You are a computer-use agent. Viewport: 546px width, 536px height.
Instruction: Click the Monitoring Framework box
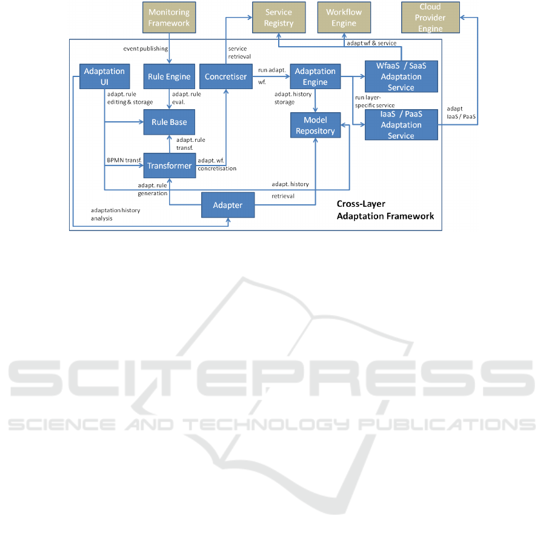[x=169, y=18]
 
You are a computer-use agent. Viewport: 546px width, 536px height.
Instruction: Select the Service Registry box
[x=279, y=18]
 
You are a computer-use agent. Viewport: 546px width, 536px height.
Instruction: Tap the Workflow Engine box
[x=344, y=18]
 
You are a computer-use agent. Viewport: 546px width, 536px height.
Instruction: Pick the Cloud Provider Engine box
[x=430, y=18]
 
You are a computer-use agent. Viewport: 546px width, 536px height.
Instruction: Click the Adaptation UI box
[x=105, y=76]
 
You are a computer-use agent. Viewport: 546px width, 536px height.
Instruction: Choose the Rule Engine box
[x=169, y=76]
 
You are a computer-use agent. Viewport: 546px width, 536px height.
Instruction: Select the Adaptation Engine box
[x=315, y=76]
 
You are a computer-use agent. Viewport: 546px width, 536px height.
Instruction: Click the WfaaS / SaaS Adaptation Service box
[x=401, y=76]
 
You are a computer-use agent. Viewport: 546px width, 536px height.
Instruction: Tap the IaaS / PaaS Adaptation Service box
[x=401, y=125]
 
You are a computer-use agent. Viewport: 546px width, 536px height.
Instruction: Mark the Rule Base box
[x=169, y=122]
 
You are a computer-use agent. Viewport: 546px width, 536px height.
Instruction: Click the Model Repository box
[x=315, y=126]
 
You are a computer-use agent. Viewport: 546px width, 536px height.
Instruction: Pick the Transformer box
[x=169, y=166]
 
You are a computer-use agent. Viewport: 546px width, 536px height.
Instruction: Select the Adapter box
[x=228, y=205]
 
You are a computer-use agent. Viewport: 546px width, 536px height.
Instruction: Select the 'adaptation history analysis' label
[x=115, y=214]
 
